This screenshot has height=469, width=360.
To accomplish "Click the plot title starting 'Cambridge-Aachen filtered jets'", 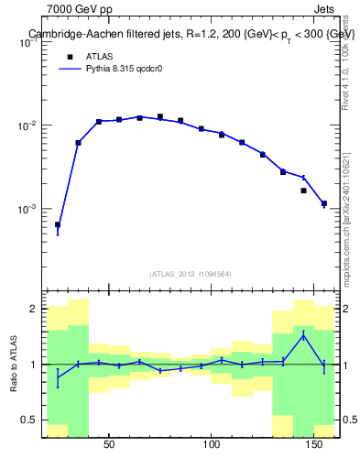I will pyautogui.click(x=191, y=34).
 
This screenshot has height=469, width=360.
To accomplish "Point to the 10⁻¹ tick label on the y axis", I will pyautogui.click(x=29, y=42).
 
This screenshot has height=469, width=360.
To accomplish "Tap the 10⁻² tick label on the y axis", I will pyautogui.click(x=29, y=125).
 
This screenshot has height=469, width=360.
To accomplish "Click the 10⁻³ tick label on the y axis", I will pyautogui.click(x=29, y=209).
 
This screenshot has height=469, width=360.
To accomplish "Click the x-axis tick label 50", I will pyautogui.click(x=109, y=445).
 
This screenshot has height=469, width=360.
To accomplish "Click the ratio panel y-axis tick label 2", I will pyautogui.click(x=34, y=310).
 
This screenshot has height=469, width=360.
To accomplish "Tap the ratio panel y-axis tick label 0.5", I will pyautogui.click(x=30, y=420).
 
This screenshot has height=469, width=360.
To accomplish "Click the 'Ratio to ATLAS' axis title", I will pyautogui.click(x=13, y=365).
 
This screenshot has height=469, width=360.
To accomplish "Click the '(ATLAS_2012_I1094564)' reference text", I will pyautogui.click(x=191, y=273).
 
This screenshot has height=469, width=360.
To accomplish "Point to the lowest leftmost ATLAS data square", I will pyautogui.click(x=58, y=224).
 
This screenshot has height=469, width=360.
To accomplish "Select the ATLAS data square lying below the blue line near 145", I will pyautogui.click(x=303, y=191).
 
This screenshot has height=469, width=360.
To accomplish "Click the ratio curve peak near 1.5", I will pyautogui.click(x=303, y=335).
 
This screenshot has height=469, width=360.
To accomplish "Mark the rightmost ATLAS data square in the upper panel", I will pyautogui.click(x=324, y=203).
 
